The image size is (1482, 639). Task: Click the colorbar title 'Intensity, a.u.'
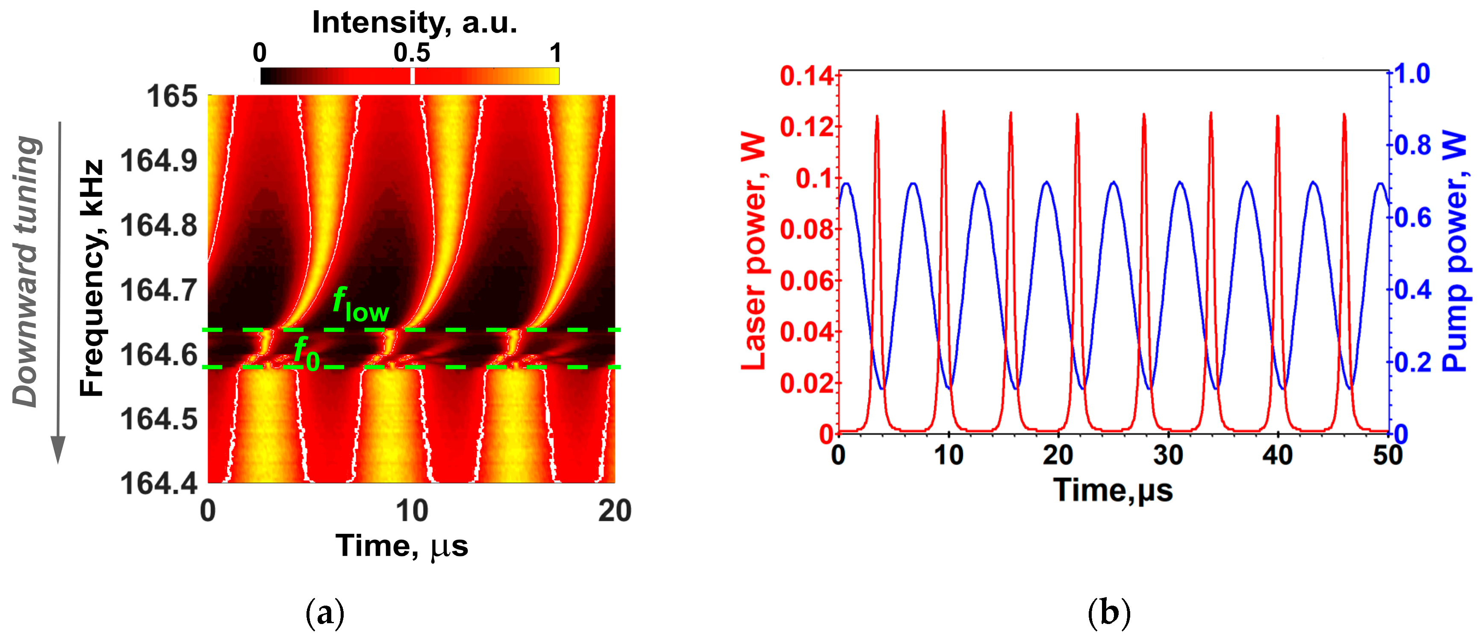click(414, 23)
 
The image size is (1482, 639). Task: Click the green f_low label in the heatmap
click(361, 305)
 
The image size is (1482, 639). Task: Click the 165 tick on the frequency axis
click(172, 96)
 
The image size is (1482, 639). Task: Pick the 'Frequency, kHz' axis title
click(92, 278)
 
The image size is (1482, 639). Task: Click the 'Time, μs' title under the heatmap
click(401, 546)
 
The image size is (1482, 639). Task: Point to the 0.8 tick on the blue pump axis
click(1412, 145)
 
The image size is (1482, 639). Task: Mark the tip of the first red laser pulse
click(877, 116)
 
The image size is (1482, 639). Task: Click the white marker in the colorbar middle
click(412, 76)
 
